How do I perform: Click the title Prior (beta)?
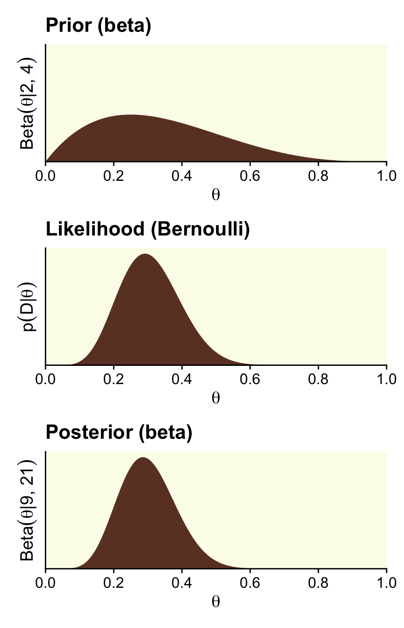pos(98,26)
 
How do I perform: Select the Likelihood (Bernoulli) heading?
pos(147,229)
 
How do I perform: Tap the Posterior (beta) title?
pos(119,433)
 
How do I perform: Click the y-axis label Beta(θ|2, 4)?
pos(28,103)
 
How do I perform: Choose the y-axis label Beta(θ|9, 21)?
pos(28,510)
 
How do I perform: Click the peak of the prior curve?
pos(130,115)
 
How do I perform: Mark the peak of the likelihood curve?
pos(145,254)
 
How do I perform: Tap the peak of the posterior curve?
pos(143,458)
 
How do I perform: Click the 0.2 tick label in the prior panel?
pos(114,176)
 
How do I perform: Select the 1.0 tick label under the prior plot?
pos(386,176)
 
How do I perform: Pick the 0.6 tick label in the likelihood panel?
pos(250,379)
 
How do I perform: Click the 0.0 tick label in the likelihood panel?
pos(45,379)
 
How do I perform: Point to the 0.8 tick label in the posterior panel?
pos(318,583)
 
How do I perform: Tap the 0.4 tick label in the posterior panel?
pos(182,583)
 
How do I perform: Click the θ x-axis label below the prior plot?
pos(216,194)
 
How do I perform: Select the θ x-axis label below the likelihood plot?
pos(216,398)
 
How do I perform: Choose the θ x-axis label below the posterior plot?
pos(216,602)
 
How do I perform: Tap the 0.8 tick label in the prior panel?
pos(318,176)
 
